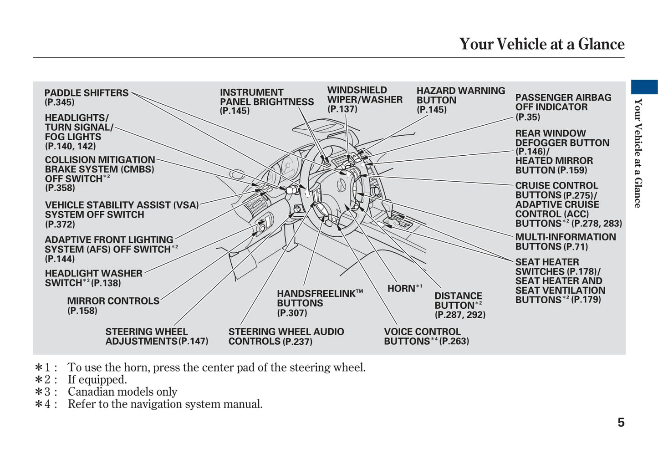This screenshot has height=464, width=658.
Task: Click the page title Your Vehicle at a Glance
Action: pos(541,44)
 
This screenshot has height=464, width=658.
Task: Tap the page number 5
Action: pos(621,423)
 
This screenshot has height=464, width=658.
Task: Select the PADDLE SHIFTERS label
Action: pos(87,93)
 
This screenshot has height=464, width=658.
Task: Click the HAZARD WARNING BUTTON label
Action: pos(460,95)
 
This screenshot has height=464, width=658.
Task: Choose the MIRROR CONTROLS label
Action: pos(113,301)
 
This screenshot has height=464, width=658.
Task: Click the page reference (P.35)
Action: pos(527,117)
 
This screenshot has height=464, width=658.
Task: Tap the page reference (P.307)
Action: pos(292,313)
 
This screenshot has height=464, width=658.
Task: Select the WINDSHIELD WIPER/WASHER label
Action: pos(364,95)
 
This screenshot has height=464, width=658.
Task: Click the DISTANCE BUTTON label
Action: pos(458,301)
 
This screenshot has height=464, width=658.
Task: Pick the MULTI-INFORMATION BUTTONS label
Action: pos(565,242)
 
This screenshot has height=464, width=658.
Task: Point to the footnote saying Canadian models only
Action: pos(122,392)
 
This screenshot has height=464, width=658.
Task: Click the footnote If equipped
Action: pos(97,380)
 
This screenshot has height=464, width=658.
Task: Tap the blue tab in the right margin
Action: pos(644,87)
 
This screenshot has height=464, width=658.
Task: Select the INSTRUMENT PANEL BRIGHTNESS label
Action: pos(266,97)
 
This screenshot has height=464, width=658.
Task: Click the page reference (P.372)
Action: pos(60,224)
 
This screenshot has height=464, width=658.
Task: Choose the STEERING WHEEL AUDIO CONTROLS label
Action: pos(286,337)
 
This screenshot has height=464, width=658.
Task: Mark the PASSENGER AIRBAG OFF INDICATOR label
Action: pos(563,102)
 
